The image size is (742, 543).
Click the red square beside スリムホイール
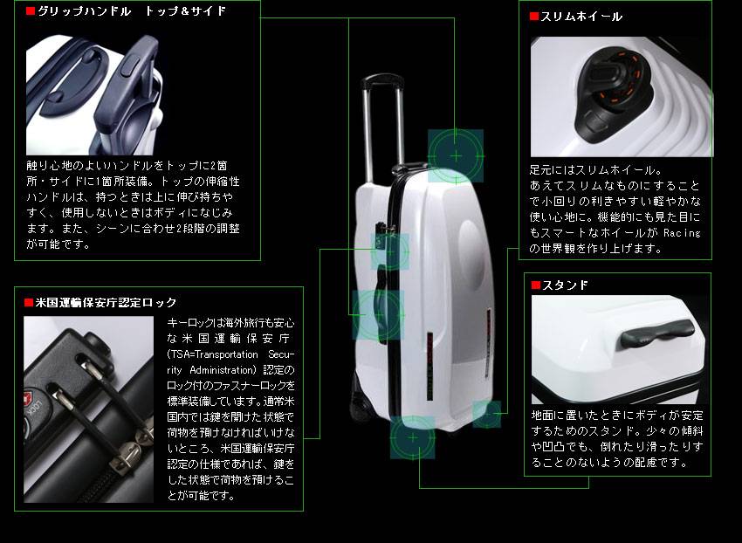(x=534, y=17)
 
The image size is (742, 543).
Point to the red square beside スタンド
(x=536, y=285)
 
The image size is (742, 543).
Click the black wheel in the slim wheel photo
(x=614, y=93)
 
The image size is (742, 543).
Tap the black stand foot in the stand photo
(x=657, y=333)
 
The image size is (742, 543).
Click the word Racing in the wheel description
(x=682, y=233)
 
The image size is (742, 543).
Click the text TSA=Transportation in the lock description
(x=212, y=354)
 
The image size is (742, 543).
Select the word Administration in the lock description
(x=223, y=370)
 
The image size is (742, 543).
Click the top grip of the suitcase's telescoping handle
(x=382, y=81)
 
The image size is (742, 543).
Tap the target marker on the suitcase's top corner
(x=456, y=155)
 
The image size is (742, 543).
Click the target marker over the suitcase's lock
(x=390, y=251)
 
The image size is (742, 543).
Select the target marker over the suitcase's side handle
(x=378, y=315)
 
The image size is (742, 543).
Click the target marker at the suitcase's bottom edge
(x=413, y=438)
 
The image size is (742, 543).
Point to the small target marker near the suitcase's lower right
(x=487, y=414)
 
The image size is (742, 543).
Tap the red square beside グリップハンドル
(x=31, y=10)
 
